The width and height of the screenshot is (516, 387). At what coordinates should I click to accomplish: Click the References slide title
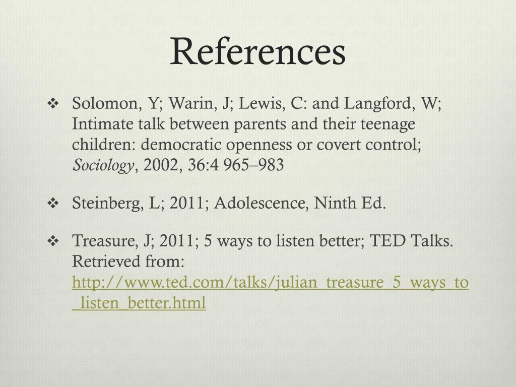(257, 52)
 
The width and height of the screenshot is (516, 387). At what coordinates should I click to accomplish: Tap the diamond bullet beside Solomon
(53, 104)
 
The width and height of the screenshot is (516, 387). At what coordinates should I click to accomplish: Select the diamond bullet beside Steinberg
(53, 204)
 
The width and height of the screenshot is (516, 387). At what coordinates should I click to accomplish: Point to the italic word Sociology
(104, 165)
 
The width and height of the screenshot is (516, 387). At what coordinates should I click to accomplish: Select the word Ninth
(336, 204)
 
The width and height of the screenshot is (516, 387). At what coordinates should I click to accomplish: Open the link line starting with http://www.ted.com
(271, 283)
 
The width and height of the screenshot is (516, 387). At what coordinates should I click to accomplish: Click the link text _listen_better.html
(139, 303)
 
